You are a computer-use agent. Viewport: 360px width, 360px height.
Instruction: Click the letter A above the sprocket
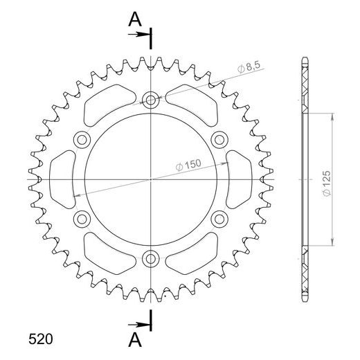pyautogui.click(x=131, y=21)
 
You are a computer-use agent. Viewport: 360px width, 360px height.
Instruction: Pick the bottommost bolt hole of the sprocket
pyautogui.click(x=151, y=259)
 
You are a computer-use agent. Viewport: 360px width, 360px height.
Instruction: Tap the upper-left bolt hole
pyautogui.click(x=82, y=138)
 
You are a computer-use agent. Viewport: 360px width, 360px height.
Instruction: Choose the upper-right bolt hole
pyautogui.click(x=220, y=138)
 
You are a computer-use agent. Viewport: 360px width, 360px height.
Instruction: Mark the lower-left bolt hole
pyautogui.click(x=82, y=219)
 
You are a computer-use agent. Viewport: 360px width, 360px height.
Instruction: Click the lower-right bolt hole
pyautogui.click(x=220, y=219)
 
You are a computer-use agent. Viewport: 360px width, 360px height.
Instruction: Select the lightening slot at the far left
pyautogui.click(x=64, y=179)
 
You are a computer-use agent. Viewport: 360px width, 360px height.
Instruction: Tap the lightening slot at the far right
pyautogui.click(x=238, y=179)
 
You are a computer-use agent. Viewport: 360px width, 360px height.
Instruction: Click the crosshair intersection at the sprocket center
pyautogui.click(x=151, y=179)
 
